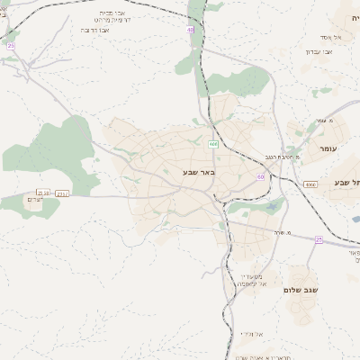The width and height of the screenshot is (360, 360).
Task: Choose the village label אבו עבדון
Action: coord(320,51)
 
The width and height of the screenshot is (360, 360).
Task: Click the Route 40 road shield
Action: coord(191,30)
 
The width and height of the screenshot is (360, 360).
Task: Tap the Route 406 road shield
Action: coord(213,144)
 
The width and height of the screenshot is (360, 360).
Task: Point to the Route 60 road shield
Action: coord(260,177)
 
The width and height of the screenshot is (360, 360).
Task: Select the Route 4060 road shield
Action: coord(310,184)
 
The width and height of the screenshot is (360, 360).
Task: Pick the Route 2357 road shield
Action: coord(62,193)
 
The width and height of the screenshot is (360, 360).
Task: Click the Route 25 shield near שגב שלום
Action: coord(319,239)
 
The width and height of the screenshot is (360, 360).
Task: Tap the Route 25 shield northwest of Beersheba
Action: coord(11,45)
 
